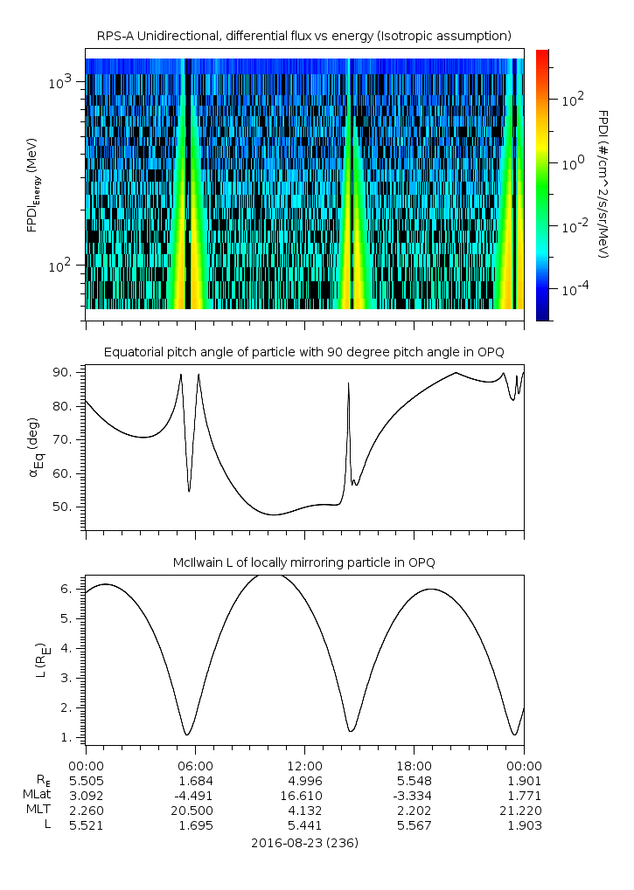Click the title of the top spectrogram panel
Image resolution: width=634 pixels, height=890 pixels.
click(303, 36)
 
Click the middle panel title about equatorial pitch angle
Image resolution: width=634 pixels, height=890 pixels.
click(303, 352)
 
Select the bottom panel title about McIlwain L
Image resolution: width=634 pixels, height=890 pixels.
click(303, 562)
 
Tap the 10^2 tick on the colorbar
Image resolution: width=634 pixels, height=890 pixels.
click(572, 100)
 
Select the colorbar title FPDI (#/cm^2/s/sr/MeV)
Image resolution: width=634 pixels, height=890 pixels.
click(603, 184)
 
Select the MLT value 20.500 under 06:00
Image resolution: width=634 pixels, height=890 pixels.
click(195, 811)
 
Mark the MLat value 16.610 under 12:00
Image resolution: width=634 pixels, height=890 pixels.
click(304, 795)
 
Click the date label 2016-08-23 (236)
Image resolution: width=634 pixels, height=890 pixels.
click(303, 843)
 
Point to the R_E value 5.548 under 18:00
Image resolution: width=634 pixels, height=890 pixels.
click(414, 780)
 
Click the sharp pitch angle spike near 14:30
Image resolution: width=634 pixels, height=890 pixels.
click(348, 383)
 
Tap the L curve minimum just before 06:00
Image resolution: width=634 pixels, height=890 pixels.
click(186, 735)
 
